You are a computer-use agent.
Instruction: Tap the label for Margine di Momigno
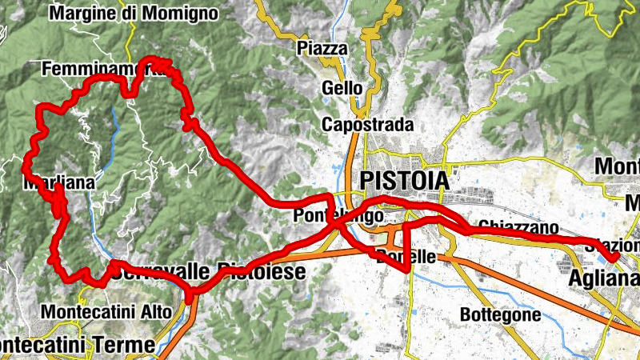134,13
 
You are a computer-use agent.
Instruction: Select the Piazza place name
322,49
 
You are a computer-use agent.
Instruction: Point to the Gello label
342,88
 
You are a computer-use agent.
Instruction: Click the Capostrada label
368,125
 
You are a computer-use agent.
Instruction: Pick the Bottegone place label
500,315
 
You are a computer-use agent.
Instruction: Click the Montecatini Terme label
77,345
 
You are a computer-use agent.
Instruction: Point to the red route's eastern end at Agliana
615,257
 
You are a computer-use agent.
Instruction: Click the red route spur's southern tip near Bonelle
409,270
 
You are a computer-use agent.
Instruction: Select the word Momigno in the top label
182,13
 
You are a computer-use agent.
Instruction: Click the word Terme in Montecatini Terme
127,345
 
